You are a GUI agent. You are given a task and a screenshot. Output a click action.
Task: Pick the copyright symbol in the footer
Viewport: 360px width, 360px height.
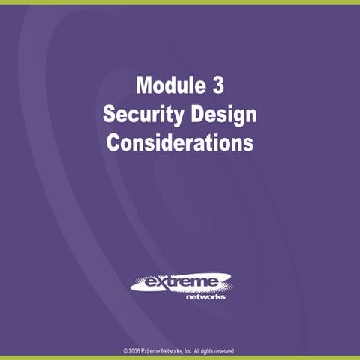[x=124, y=350]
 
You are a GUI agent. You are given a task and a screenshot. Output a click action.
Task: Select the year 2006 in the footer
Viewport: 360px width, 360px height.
[x=135, y=350]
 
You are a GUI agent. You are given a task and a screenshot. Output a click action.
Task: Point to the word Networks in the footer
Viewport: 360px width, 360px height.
[x=177, y=350]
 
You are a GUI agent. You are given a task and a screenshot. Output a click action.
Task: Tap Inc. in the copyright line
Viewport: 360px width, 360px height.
[x=196, y=350]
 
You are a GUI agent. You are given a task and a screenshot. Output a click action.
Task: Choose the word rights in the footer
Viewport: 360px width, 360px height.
[x=214, y=350]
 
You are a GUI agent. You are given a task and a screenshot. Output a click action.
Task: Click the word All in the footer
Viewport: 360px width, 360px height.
[x=205, y=350]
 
